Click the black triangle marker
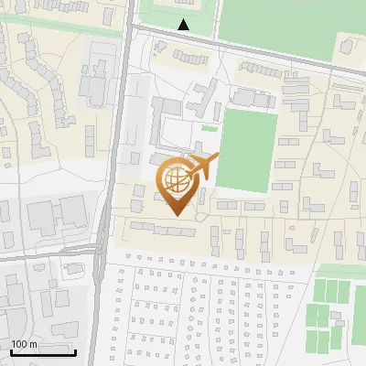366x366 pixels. click(x=184, y=25)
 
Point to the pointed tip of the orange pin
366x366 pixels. click(x=176, y=215)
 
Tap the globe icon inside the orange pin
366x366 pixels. click(x=176, y=180)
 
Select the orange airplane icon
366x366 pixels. click(x=201, y=167)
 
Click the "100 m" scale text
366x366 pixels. click(x=24, y=344)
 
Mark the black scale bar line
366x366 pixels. click(x=42, y=352)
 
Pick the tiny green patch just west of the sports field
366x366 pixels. click(x=210, y=129)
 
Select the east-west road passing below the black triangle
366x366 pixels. click(x=238, y=46)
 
